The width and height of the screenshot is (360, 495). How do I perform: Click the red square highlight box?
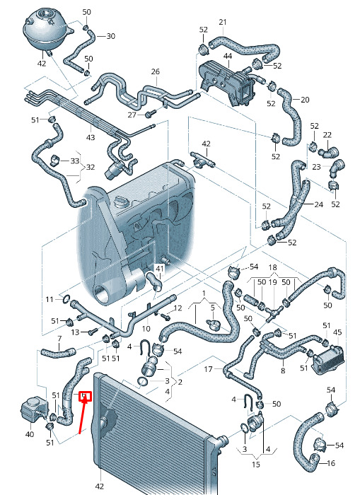point(85,396)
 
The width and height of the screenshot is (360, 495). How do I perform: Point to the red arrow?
point(83,416)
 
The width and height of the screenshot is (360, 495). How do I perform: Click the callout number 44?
point(228,56)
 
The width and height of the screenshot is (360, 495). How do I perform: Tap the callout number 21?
point(223,22)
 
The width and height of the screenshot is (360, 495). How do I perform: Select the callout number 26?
point(156,71)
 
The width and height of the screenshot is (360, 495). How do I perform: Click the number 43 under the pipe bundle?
point(91,137)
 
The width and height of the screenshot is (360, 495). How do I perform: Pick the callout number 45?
point(337,332)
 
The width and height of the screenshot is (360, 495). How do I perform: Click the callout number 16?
point(330,463)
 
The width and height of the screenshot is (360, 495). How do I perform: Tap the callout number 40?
point(30,434)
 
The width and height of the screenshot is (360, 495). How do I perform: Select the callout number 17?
point(208,368)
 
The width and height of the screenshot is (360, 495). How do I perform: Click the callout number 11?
point(50,299)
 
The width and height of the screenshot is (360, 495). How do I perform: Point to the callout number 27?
point(132,115)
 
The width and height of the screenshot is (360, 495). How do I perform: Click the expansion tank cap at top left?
point(43,14)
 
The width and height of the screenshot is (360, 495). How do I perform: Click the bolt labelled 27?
point(151,113)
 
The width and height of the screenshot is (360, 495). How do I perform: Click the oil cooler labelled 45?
point(327,357)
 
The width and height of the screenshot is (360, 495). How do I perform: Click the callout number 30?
point(110,36)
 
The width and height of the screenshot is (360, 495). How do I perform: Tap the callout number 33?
point(74,161)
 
